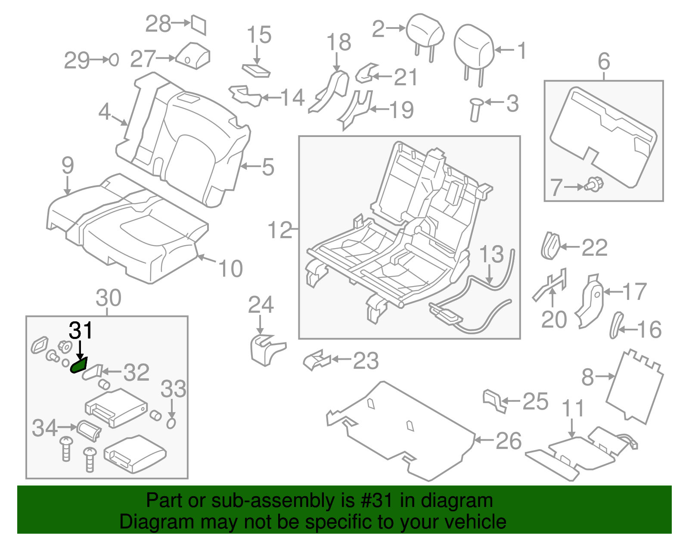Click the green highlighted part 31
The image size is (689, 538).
click(x=79, y=366)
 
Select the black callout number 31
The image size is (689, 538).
click(x=81, y=331)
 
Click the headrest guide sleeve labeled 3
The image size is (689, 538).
click(x=476, y=110)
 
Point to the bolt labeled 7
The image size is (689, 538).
click(x=595, y=185)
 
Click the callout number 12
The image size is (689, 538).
click(x=280, y=230)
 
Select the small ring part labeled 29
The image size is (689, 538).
click(x=114, y=59)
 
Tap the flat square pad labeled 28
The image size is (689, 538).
click(x=199, y=25)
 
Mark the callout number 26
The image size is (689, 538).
click(x=509, y=441)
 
